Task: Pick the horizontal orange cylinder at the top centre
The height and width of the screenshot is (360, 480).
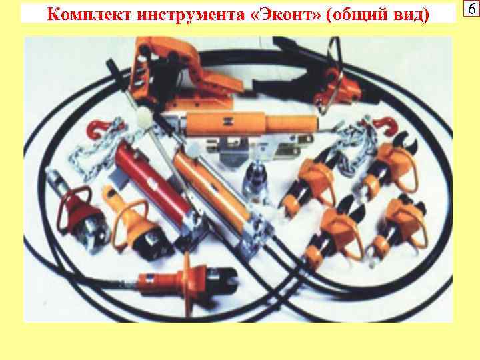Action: (x=227, y=124)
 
